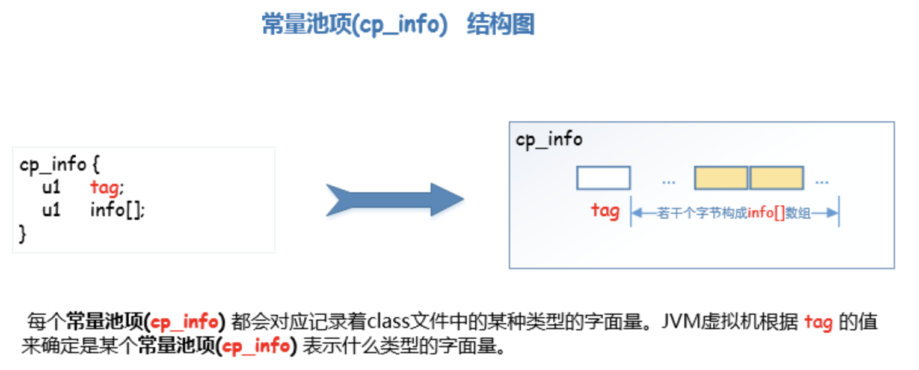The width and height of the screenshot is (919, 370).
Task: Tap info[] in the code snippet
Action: (x=117, y=210)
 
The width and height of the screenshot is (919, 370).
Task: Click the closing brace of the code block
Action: (x=23, y=234)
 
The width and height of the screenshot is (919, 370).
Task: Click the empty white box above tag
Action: (x=603, y=178)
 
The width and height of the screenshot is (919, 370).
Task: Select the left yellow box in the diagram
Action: (x=721, y=178)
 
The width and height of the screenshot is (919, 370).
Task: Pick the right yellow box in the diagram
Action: (x=776, y=178)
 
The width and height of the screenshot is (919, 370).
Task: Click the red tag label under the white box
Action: (x=605, y=211)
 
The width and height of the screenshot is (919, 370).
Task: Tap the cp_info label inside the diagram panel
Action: (x=549, y=140)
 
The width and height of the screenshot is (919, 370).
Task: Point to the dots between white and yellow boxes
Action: (x=668, y=181)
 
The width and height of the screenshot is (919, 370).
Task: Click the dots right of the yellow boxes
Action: (x=822, y=181)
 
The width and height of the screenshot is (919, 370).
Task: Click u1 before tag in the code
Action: (x=51, y=187)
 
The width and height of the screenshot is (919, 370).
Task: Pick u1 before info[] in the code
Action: (x=51, y=210)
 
